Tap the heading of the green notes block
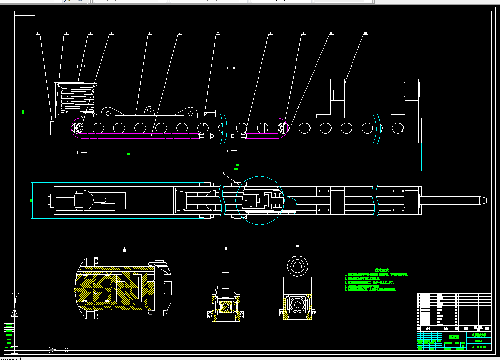coord(381,270)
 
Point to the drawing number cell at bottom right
coord(479,347)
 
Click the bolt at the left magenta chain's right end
coord(208,136)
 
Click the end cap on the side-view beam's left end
coord(50,129)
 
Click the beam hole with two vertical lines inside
coord(263,128)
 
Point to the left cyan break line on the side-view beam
coord(222,128)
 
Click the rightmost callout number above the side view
coord(365,33)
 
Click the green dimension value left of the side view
coord(23,112)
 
